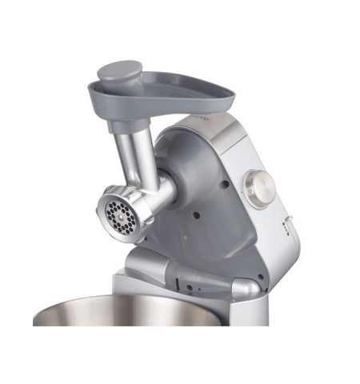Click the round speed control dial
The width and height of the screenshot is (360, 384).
tap(260, 189)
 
